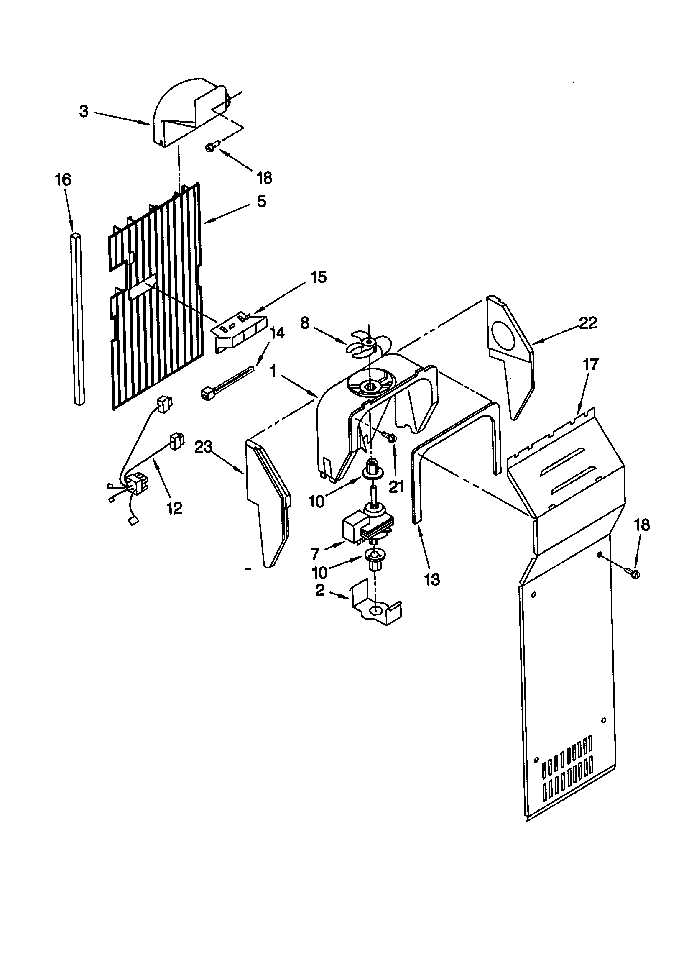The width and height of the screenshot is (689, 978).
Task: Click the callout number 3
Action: coord(84,112)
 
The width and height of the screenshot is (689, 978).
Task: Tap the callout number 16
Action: coord(63,180)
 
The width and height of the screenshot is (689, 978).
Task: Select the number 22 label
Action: coord(588,323)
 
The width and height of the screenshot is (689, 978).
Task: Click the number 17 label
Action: coord(591,365)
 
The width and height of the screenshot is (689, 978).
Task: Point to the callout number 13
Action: coord(432,579)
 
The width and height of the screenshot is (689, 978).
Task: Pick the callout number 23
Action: coord(203,447)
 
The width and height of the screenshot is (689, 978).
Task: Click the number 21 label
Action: coord(396,487)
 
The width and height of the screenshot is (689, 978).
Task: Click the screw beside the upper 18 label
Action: coord(211,146)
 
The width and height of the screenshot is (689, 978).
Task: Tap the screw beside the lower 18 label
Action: coord(632,573)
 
